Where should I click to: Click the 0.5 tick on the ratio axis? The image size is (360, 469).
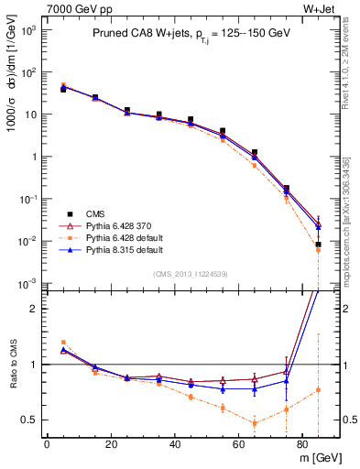click(x=29, y=420)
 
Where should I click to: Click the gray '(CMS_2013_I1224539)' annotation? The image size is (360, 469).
click(x=191, y=272)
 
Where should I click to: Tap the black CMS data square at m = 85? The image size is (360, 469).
click(x=318, y=245)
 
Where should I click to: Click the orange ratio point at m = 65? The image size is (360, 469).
click(x=254, y=423)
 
